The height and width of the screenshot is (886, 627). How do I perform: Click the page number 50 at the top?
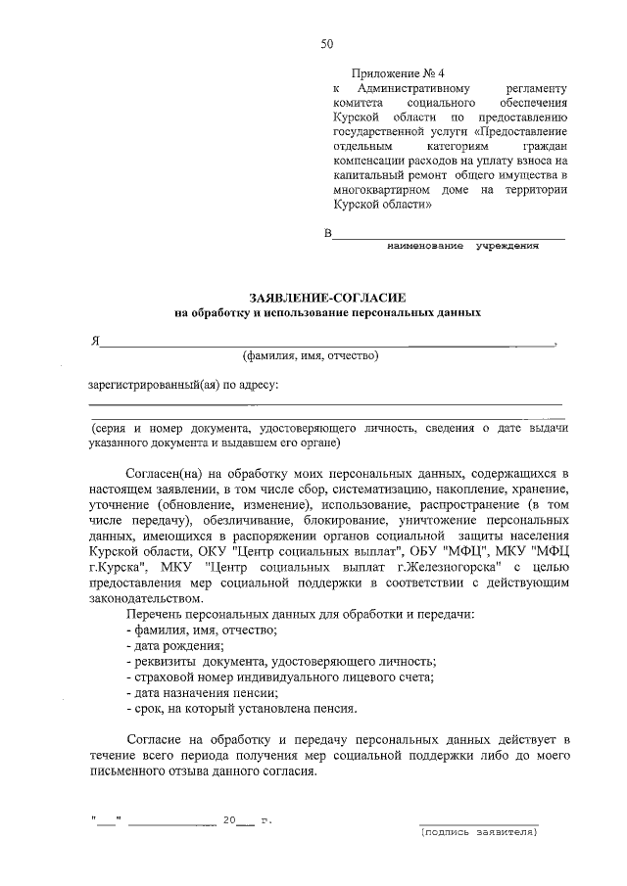327,43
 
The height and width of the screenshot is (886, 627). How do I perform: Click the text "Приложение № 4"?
398,73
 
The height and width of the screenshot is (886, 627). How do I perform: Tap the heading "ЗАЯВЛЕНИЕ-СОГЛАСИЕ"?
327,297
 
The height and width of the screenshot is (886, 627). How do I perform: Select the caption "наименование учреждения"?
463,246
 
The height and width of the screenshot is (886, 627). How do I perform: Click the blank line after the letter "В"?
450,235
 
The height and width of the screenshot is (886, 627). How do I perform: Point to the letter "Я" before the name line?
95,342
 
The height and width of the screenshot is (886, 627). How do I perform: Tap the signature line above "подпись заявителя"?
479,822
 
